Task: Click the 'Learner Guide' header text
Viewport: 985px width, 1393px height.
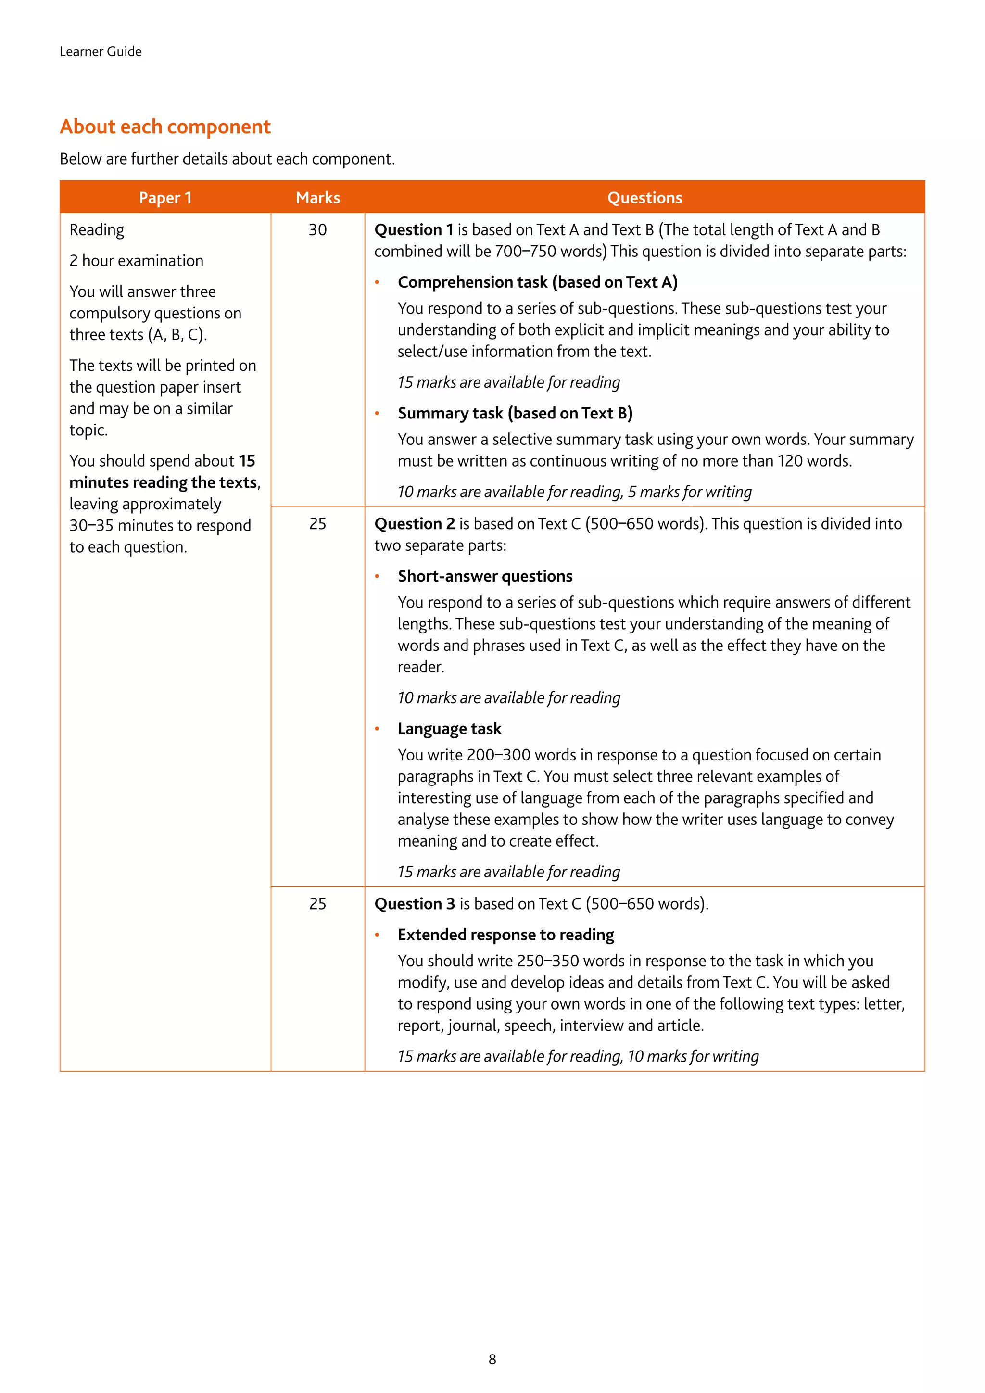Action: pos(101,51)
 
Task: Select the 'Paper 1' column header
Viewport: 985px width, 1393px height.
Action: pos(165,198)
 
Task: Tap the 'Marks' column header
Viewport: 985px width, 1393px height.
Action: pos(318,198)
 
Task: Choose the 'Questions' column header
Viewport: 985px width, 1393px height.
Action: pos(645,198)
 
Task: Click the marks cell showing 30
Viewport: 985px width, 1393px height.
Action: pos(318,230)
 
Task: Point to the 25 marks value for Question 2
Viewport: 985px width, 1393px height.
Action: pos(318,524)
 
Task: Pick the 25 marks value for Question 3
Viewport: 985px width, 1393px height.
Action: pos(318,904)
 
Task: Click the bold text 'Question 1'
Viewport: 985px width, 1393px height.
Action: pos(414,230)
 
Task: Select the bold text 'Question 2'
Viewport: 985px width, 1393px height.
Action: pos(414,524)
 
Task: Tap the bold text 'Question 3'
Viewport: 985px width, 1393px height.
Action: pos(414,904)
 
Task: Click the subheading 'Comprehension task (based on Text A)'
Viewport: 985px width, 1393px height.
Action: pos(537,282)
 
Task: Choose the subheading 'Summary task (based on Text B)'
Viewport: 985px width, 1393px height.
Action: pos(515,413)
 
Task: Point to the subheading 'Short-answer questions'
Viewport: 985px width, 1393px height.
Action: pos(485,576)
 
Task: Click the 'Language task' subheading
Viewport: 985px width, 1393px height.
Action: pos(449,729)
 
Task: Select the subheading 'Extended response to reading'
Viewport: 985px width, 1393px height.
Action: pos(506,935)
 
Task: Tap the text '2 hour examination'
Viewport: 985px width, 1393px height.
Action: pos(137,261)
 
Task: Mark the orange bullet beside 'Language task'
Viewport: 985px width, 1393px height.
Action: pos(377,729)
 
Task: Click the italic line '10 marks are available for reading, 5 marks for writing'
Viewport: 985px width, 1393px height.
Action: pos(574,492)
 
